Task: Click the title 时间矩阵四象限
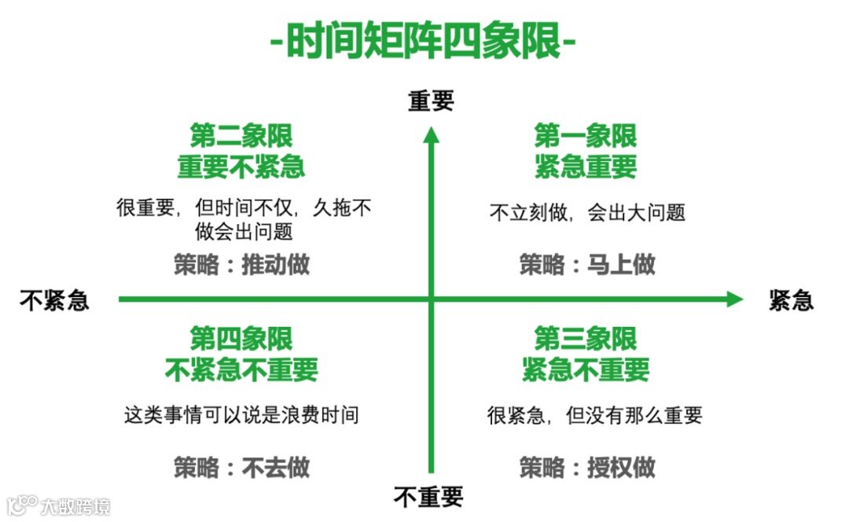point(424,42)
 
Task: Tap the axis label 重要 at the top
point(431,101)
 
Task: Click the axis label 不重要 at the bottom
point(428,497)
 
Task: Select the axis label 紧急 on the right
point(791,300)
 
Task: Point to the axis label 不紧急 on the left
point(54,300)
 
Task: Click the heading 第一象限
point(585,136)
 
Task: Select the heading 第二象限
point(241,136)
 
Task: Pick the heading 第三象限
point(585,339)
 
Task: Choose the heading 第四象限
point(241,339)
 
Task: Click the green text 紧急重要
point(585,167)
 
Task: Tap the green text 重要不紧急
point(241,167)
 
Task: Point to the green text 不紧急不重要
point(241,369)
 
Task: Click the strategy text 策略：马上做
point(586,265)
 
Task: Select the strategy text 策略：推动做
point(241,265)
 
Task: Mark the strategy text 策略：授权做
point(586,468)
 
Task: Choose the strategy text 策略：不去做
point(241,469)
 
